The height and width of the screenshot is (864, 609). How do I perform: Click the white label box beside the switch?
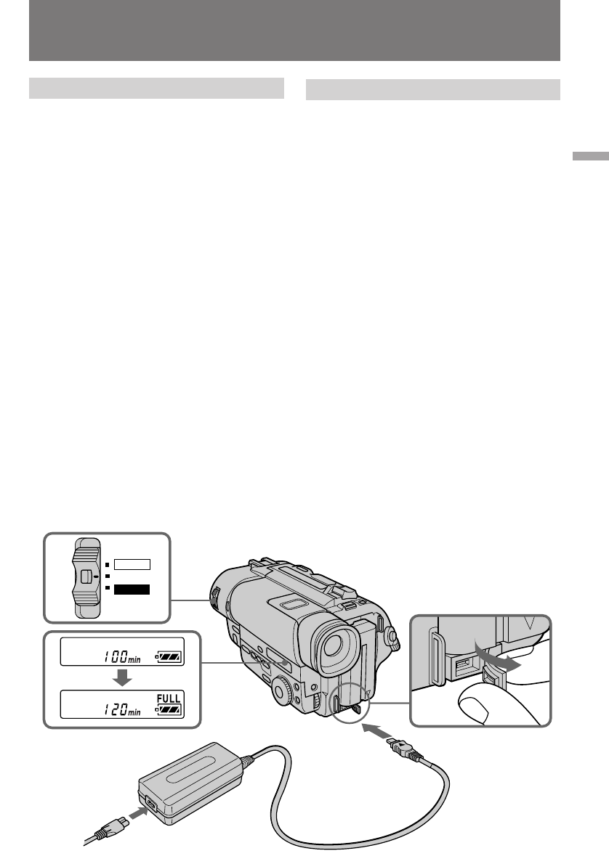coord(132,563)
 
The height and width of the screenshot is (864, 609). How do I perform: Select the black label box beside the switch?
coord(132,590)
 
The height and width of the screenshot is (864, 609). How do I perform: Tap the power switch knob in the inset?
coord(86,576)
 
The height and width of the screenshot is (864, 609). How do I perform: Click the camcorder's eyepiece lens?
coord(336,644)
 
